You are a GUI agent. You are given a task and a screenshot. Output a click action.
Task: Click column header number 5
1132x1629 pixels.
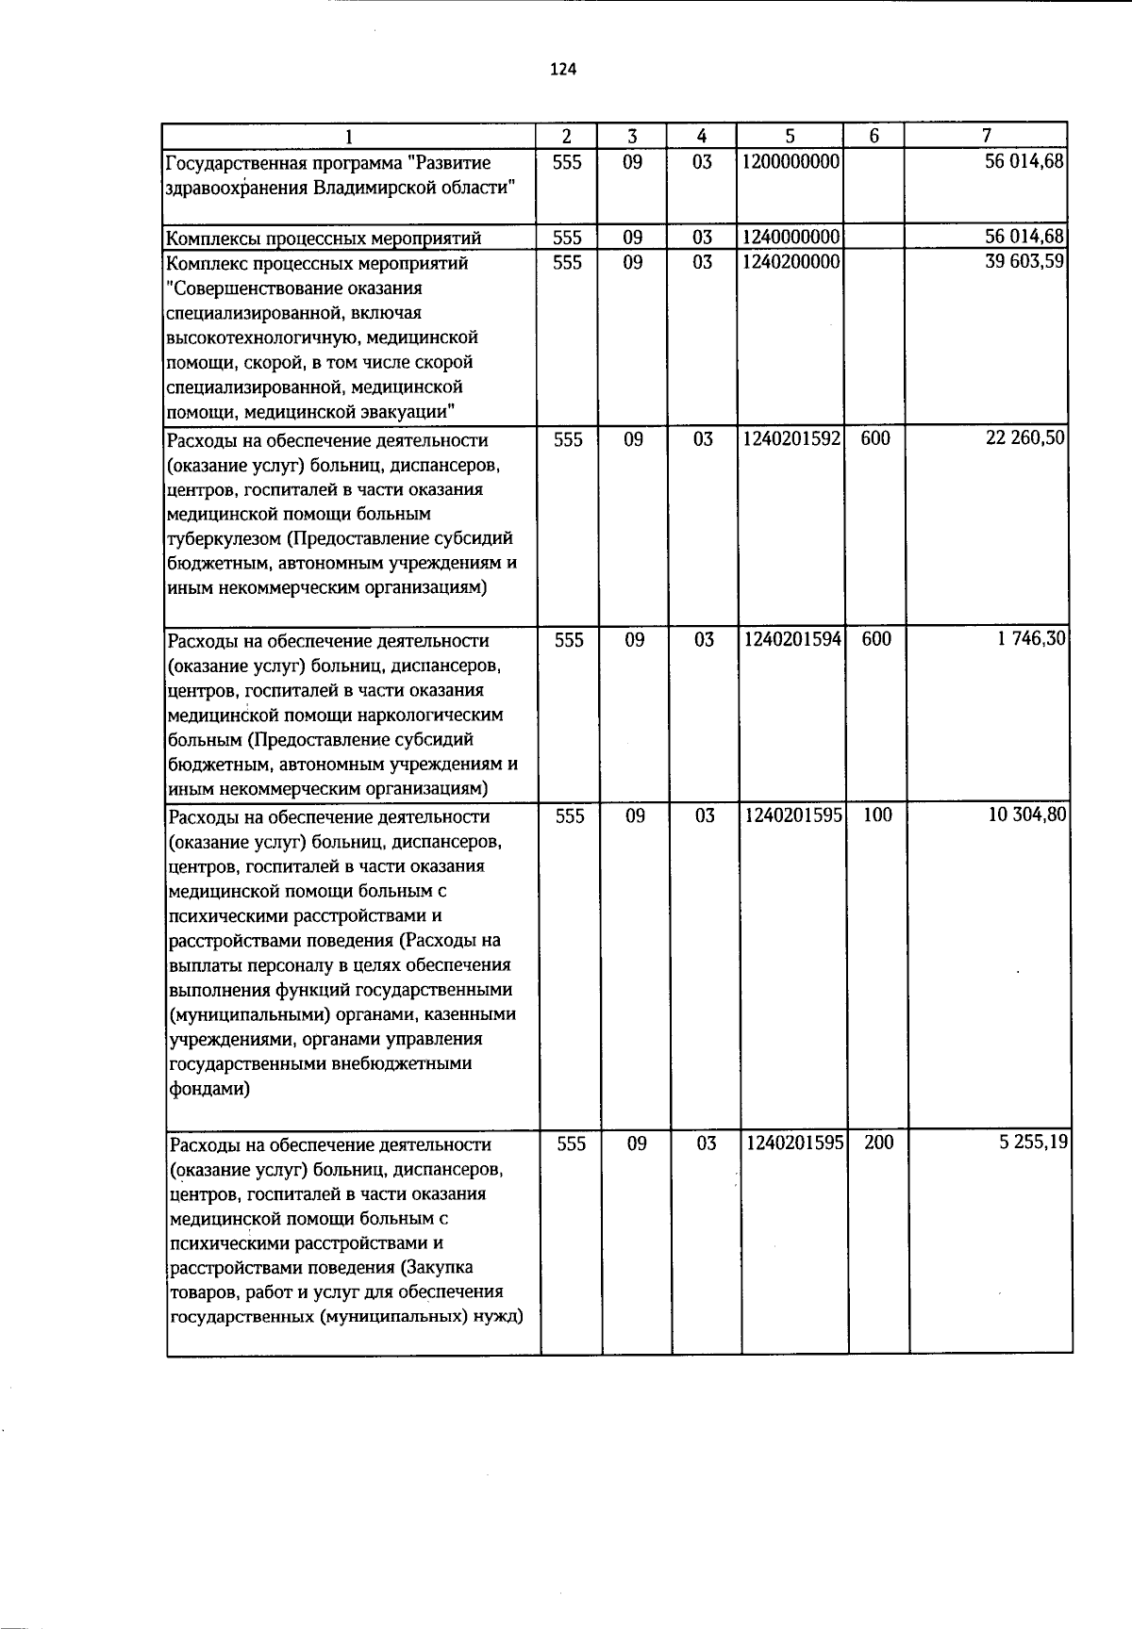point(791,136)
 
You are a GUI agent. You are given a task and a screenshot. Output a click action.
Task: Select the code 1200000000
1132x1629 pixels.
point(791,162)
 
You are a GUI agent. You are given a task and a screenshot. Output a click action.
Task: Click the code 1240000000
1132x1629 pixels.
point(791,237)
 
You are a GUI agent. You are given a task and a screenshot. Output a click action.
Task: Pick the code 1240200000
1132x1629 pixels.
point(791,262)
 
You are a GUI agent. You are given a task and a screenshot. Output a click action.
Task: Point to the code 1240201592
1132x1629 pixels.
point(791,438)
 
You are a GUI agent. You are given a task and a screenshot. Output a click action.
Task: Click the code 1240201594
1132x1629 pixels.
point(791,639)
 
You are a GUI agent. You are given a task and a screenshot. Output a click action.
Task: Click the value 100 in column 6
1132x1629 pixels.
point(877,815)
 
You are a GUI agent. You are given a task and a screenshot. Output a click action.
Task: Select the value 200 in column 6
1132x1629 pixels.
point(879,1143)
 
